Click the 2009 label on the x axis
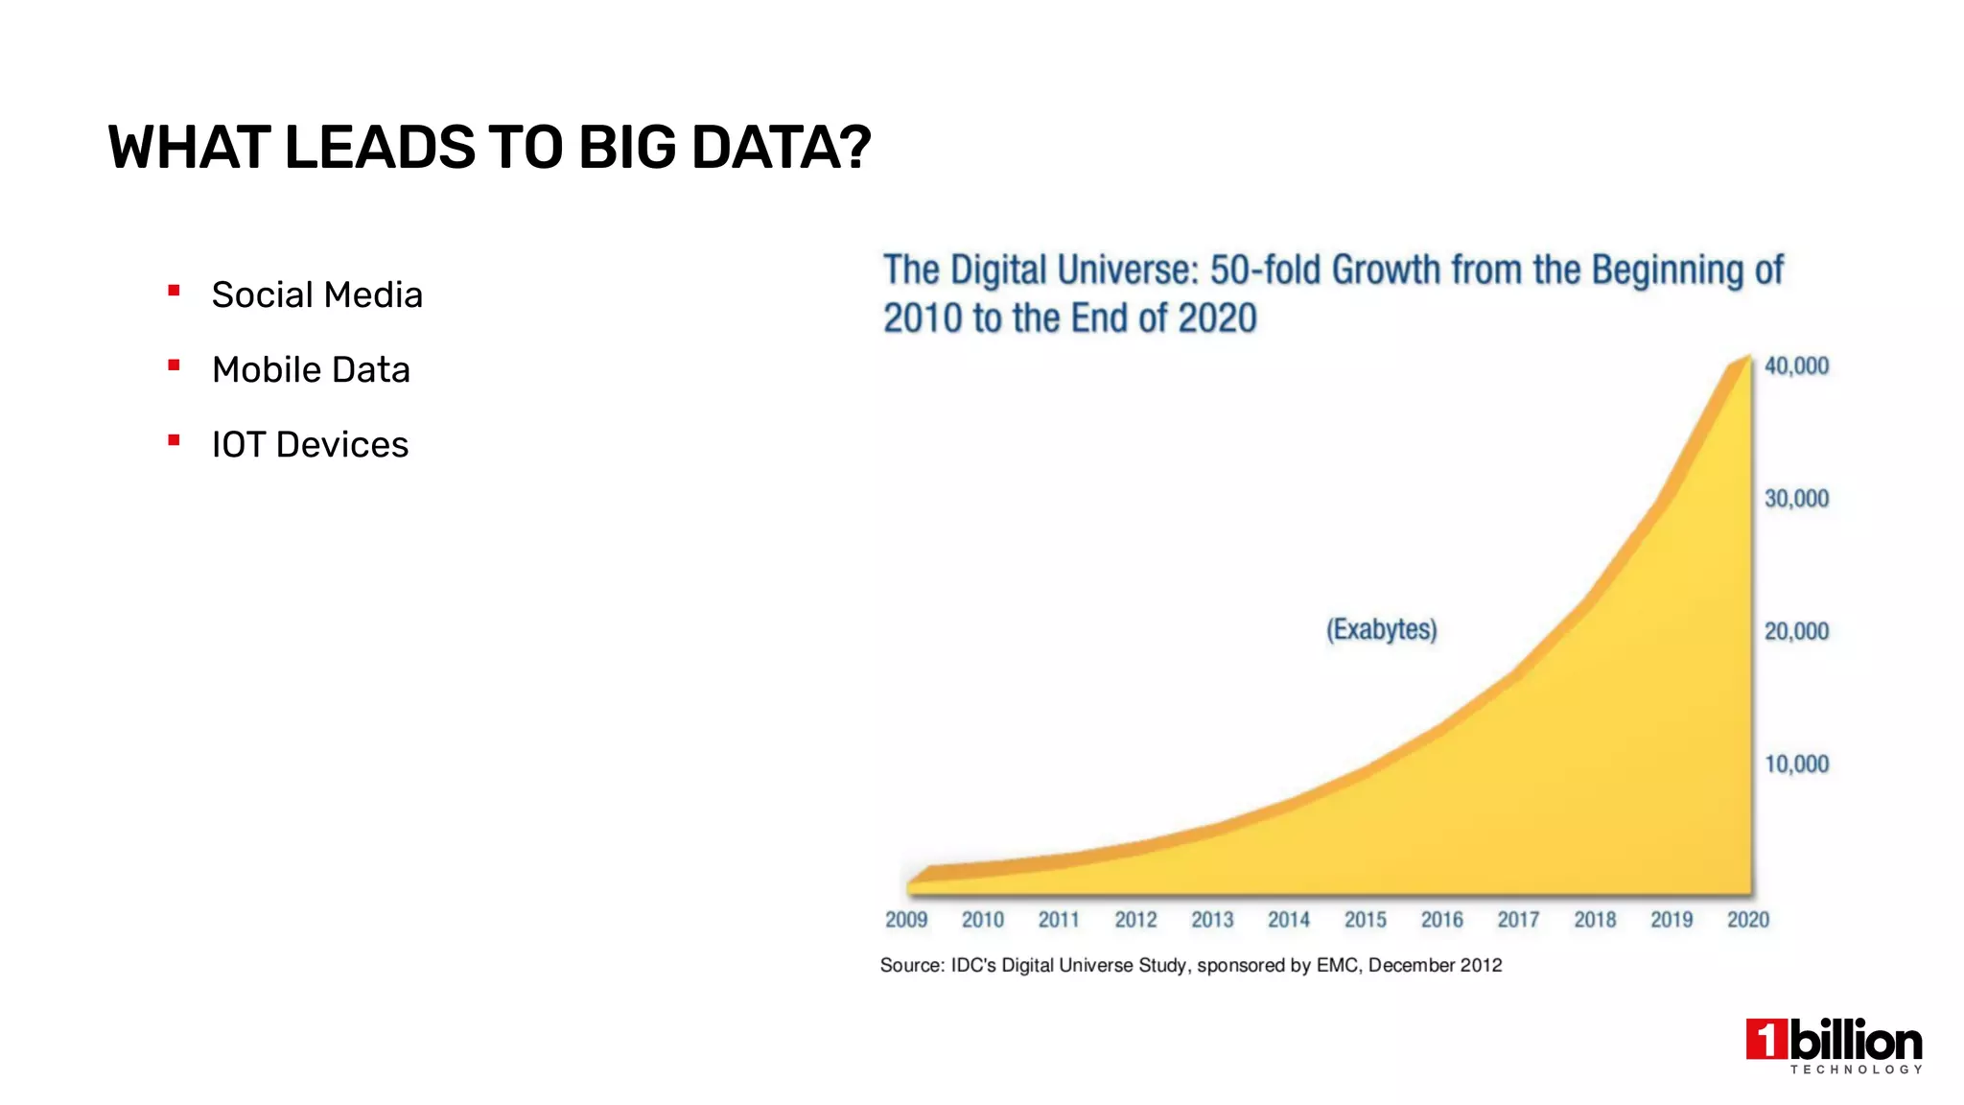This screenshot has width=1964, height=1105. point(905,919)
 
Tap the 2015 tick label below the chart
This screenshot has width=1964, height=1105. point(1365,919)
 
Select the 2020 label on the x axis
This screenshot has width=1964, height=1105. point(1747,919)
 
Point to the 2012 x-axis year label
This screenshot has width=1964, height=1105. point(1135,919)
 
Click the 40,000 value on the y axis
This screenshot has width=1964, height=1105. point(1796,365)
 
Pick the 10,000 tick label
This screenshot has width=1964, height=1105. point(1796,764)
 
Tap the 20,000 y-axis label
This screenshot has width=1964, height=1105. point(1796,631)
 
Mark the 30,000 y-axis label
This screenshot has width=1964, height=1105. point(1796,499)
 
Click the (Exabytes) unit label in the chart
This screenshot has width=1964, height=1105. point(1381,629)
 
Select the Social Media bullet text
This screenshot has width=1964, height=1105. point(316,294)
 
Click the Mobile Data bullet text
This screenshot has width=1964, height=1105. point(311,369)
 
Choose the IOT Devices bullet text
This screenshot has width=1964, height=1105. point(310,444)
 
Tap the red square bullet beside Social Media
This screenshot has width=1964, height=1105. point(174,290)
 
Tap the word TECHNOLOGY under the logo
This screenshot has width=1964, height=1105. point(1856,1069)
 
